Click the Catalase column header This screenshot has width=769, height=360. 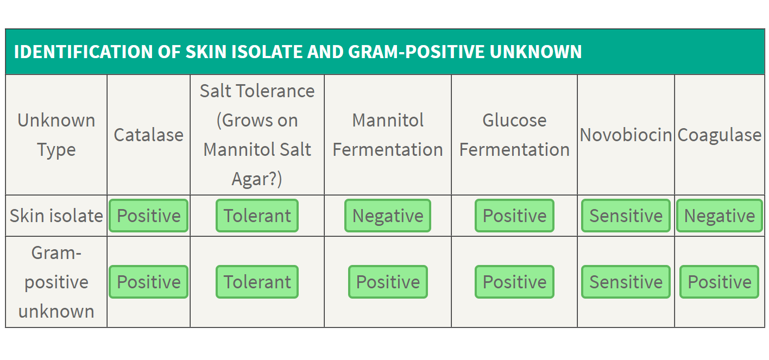pos(149,135)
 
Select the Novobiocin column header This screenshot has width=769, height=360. pos(626,135)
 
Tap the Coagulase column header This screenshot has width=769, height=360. pos(720,135)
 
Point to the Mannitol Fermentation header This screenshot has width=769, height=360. pos(388,135)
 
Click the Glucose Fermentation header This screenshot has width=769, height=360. pos(514,135)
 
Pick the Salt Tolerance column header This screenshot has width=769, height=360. pos(257,135)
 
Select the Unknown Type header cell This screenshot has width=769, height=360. pos(56,135)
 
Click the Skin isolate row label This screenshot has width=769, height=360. pos(56,216)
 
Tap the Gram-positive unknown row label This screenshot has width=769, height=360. pos(56,282)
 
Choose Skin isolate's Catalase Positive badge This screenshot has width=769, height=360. pos(149,216)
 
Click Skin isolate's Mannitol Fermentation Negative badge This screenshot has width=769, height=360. pos(388,216)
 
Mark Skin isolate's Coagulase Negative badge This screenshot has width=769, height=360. pos(720,216)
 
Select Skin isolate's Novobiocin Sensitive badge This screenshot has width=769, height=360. pos(626,216)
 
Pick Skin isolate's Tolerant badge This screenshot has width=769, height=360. pos(257,216)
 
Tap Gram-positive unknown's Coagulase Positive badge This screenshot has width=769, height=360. pos(720,282)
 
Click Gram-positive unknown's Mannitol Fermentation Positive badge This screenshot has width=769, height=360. pos(388,282)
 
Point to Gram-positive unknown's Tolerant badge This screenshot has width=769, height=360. pos(257,282)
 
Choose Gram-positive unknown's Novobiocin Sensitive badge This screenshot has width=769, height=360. pos(626,282)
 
